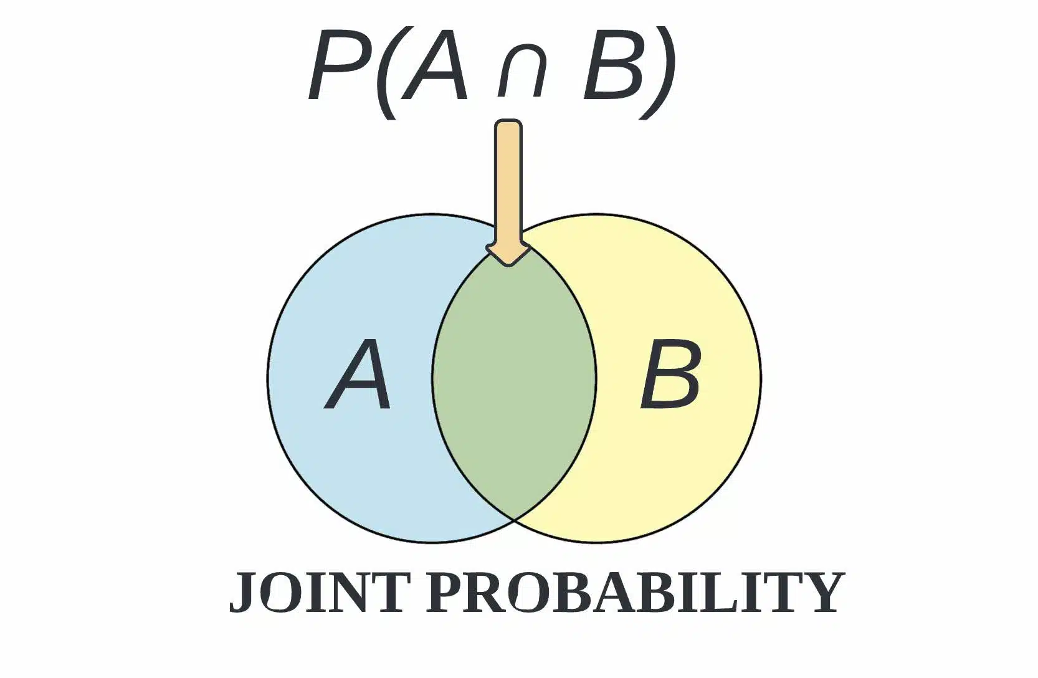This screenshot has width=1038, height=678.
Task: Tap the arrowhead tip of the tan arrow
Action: [x=509, y=265]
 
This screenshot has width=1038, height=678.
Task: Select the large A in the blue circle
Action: [x=357, y=375]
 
